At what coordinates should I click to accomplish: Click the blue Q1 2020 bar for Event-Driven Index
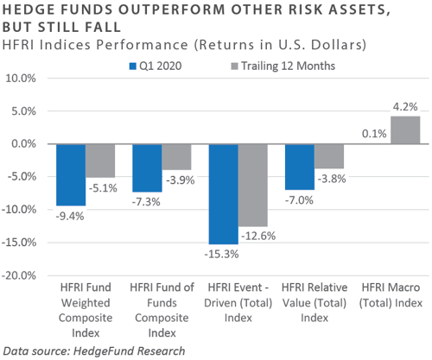224,194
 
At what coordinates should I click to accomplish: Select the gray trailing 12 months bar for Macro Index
405,130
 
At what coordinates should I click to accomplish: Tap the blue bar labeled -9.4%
71,175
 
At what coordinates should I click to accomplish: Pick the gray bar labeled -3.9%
176,157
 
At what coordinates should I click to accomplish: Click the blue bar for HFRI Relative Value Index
300,167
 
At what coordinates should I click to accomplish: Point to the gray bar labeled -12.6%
253,186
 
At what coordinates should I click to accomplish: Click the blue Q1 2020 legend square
132,66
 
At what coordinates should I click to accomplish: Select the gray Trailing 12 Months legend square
234,66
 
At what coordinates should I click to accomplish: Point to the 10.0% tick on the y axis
21,79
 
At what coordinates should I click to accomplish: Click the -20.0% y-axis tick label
19,275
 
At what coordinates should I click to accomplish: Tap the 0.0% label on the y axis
23,143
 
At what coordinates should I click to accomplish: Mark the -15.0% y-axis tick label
19,243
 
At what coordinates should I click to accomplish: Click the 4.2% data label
405,107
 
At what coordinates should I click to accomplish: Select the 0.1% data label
374,134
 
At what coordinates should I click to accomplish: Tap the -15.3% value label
221,255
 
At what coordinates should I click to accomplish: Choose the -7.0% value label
299,200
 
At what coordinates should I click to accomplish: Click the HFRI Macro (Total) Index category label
391,295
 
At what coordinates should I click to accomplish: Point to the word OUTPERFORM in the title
171,9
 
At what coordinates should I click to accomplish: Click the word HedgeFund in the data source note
103,351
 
